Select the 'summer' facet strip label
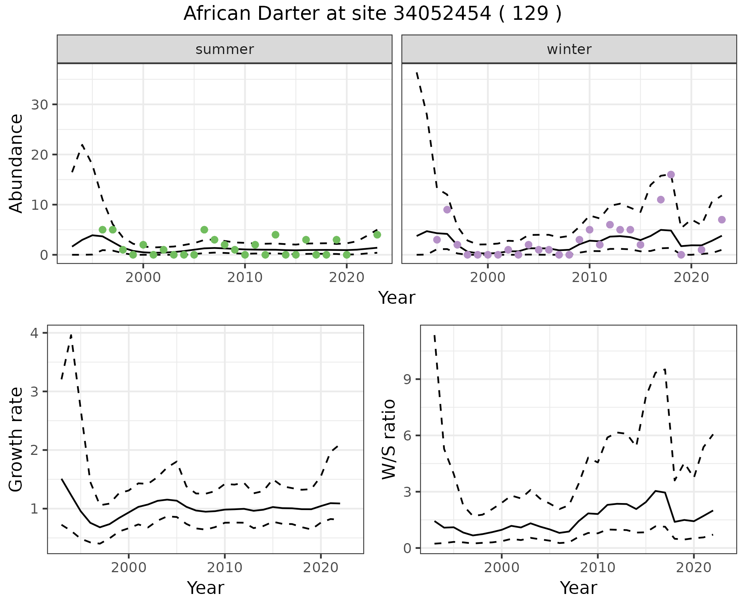(225, 49)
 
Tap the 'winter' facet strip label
(569, 49)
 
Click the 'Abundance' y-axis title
(16, 163)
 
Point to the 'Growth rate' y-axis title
(16, 439)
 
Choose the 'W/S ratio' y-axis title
(389, 439)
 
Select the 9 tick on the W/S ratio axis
(408, 379)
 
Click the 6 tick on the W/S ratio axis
(408, 435)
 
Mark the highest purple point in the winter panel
(671, 174)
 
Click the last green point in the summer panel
(377, 235)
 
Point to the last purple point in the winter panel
(722, 220)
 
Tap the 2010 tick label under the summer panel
(245, 277)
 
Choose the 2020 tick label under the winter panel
(691, 277)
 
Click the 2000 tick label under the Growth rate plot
(129, 568)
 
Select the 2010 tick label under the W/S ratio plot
(598, 568)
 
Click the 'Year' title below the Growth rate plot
(205, 588)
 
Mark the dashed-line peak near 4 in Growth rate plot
(71, 334)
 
